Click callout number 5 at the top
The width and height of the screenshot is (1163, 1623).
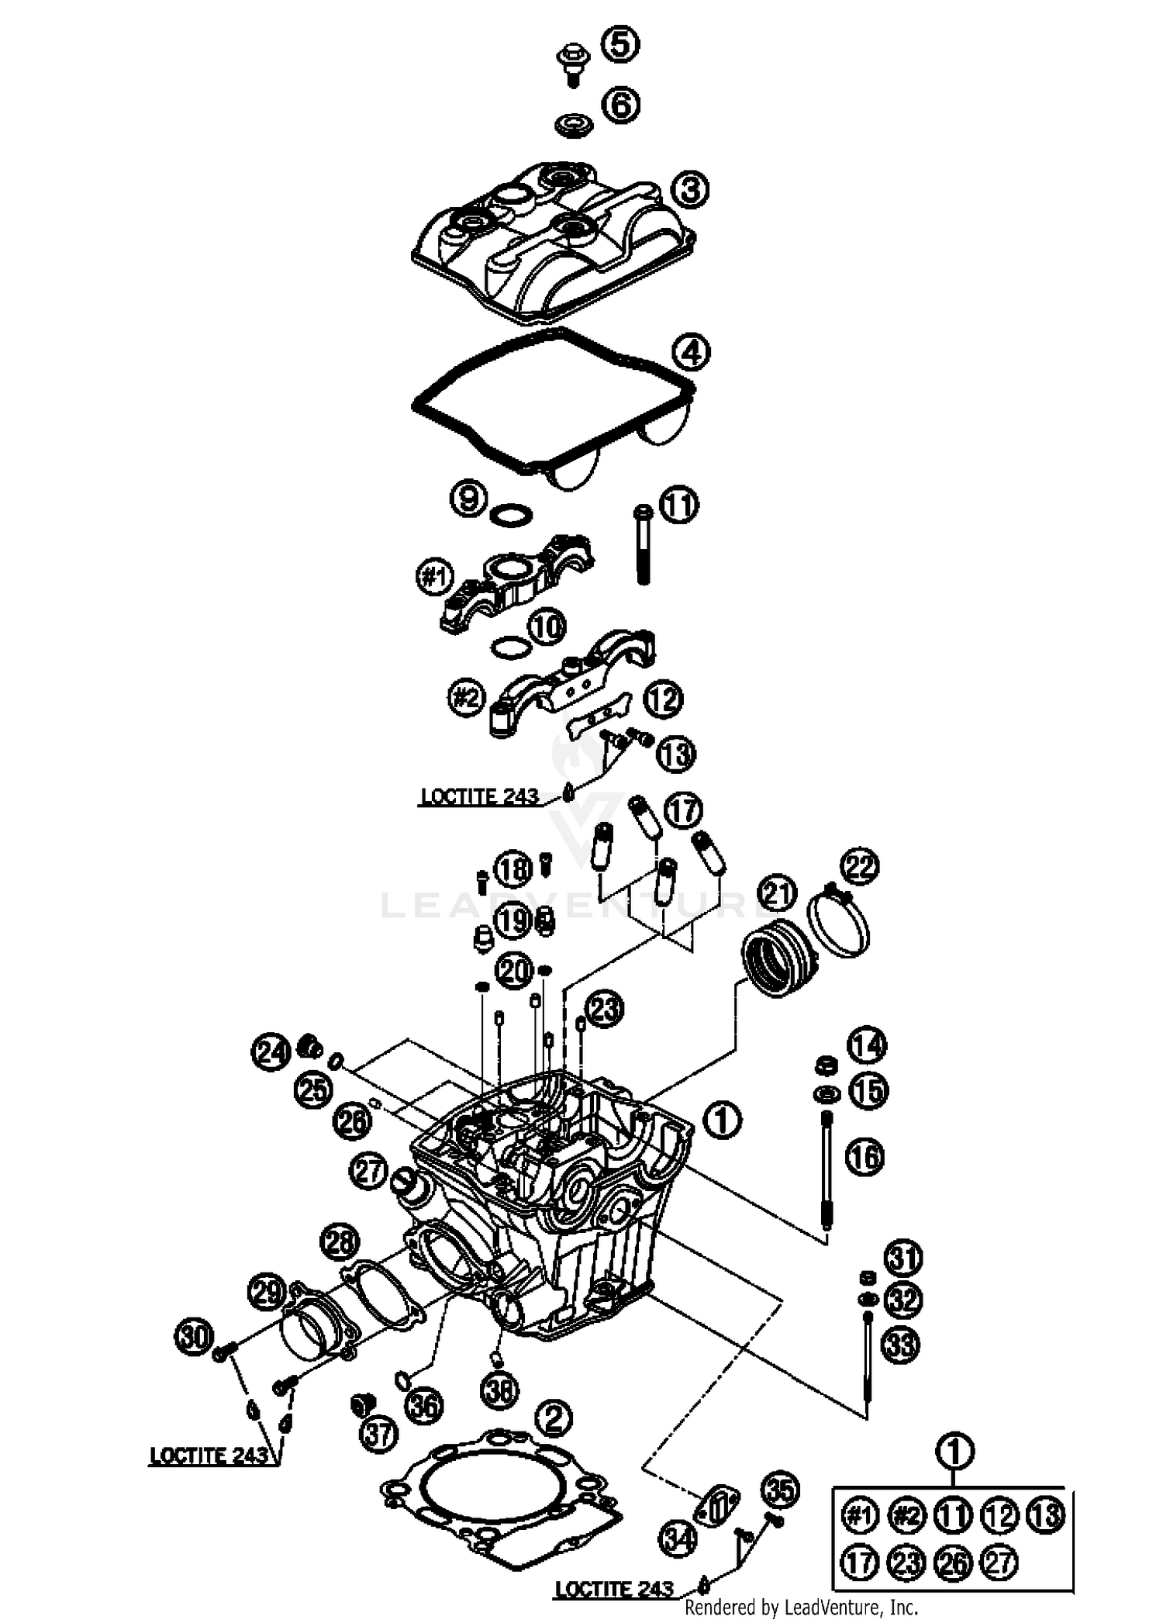tap(620, 43)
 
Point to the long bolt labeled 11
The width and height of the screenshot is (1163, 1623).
tap(643, 544)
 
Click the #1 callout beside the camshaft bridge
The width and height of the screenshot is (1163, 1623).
tap(435, 577)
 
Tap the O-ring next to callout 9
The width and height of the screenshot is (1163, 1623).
tap(512, 514)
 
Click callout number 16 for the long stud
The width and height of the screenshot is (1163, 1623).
tap(864, 1158)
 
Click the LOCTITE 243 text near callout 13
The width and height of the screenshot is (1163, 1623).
tap(478, 796)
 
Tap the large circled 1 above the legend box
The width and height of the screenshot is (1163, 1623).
tap(955, 1451)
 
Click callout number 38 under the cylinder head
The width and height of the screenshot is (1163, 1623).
tap(499, 1390)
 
